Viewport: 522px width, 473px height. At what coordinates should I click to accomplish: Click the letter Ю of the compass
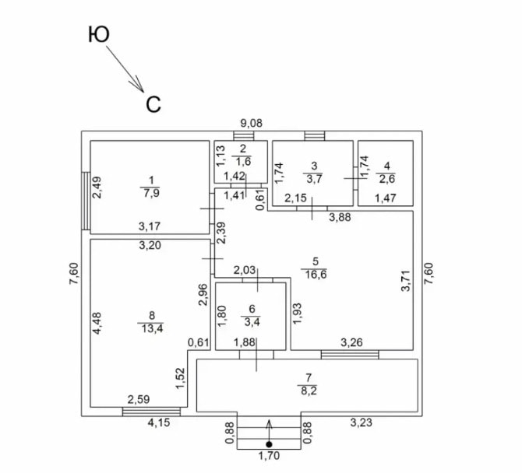point(99,34)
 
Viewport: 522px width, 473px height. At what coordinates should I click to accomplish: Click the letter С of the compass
point(153,104)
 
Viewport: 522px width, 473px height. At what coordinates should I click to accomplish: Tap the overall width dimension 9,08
point(252,124)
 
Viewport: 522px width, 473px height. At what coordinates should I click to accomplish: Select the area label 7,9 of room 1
point(151,194)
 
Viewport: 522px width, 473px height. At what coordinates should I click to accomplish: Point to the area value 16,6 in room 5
point(314,275)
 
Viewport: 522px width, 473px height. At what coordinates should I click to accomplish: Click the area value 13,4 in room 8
point(152,329)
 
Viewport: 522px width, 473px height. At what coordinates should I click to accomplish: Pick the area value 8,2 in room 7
point(309,391)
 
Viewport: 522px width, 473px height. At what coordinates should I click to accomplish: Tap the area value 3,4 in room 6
point(252,322)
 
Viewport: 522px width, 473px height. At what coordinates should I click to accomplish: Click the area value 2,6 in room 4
point(387,179)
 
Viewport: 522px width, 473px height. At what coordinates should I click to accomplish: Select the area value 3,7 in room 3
point(314,179)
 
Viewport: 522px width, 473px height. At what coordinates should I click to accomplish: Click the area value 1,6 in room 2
point(243,162)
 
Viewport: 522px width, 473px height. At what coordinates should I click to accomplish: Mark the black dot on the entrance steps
point(269,444)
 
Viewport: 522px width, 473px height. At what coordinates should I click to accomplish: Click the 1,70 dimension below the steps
point(269,456)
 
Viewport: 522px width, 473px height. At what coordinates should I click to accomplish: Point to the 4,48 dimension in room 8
point(97,323)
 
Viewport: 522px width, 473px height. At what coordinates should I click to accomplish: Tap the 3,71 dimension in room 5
point(406,281)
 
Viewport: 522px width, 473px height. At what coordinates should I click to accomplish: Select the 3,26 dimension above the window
point(351,342)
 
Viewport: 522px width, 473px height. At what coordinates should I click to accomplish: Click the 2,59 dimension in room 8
point(139,399)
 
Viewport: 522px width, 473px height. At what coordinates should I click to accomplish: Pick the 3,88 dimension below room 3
point(340,217)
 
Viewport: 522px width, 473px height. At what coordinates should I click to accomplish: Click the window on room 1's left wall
point(86,201)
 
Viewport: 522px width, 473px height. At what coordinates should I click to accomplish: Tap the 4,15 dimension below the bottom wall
point(159,422)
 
